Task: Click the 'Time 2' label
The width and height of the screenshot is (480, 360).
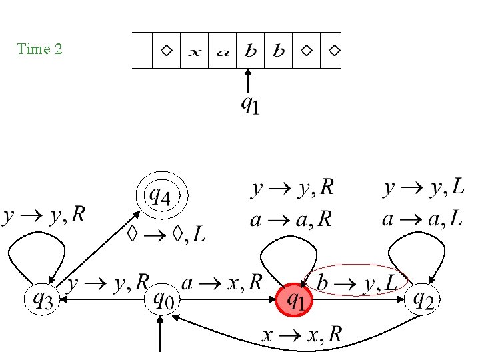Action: (x=39, y=49)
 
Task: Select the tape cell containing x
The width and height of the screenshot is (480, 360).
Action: (x=194, y=51)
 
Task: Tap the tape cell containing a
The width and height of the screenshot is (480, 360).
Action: (x=223, y=51)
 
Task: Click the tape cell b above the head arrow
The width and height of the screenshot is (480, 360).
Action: (x=251, y=51)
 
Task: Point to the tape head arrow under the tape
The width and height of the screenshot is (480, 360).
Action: (x=247, y=83)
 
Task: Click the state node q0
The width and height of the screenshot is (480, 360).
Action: (x=162, y=300)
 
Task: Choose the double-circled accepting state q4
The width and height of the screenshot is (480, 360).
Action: (x=162, y=197)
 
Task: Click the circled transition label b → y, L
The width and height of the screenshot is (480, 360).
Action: (x=357, y=283)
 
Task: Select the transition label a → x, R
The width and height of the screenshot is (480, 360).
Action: (x=223, y=283)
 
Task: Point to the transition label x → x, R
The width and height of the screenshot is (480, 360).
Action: (x=301, y=335)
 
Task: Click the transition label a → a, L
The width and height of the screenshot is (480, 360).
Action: (x=423, y=218)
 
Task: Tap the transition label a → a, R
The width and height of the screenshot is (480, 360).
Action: (x=291, y=219)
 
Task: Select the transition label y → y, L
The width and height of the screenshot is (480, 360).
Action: (x=424, y=189)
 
